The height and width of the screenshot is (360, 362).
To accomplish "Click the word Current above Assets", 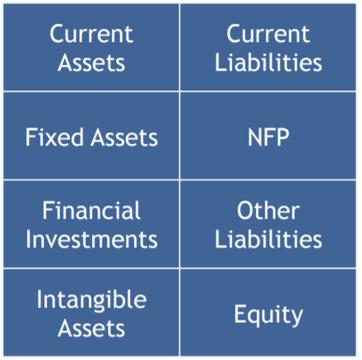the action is (91, 34).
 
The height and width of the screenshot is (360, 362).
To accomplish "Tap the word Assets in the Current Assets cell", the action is (91, 62).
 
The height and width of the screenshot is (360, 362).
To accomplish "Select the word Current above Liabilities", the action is (268, 34).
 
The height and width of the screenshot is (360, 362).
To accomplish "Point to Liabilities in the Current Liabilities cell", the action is (268, 62).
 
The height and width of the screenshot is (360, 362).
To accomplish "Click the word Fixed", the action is (54, 136).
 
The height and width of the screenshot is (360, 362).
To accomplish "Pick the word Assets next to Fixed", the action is (124, 137).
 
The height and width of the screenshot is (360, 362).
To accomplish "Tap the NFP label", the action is (268, 137).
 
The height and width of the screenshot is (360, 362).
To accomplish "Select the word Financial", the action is (91, 210).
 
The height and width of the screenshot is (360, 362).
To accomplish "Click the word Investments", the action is (91, 239).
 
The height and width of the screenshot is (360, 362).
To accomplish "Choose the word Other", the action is (268, 210).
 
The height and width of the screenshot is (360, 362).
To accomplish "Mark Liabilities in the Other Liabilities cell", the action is (268, 239).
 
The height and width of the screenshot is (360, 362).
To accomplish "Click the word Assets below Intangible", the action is (91, 328).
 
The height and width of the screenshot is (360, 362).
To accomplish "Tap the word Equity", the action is (268, 315).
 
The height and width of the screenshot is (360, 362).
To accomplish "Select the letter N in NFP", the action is (255, 137).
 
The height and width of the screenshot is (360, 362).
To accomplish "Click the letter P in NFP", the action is (283, 137).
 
